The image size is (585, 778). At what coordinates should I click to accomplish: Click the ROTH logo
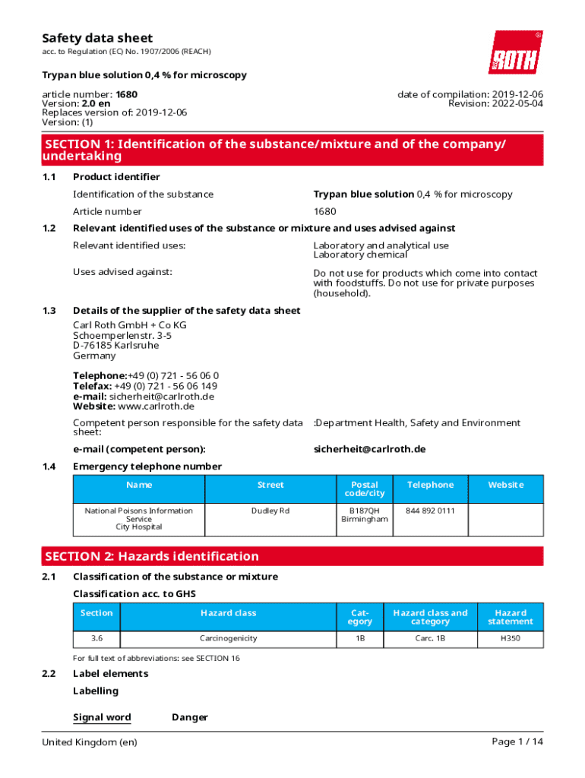[515, 52]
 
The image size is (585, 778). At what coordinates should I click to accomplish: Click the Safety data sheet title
[97, 38]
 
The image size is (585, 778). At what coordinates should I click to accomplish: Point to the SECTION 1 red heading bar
[292, 150]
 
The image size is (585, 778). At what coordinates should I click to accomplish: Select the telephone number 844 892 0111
[430, 511]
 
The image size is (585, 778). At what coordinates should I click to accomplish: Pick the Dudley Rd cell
[270, 511]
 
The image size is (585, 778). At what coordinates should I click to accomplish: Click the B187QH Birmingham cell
[364, 515]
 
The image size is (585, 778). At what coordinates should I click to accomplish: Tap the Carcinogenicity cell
[228, 639]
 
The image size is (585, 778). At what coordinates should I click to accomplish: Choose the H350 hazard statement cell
[510, 639]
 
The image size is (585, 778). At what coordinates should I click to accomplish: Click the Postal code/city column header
[364, 489]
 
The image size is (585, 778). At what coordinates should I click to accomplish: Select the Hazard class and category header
[430, 617]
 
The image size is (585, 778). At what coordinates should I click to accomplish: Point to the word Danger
[190, 717]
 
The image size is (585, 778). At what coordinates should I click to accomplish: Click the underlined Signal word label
[102, 717]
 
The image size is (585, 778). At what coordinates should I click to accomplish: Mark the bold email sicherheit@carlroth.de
[369, 449]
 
